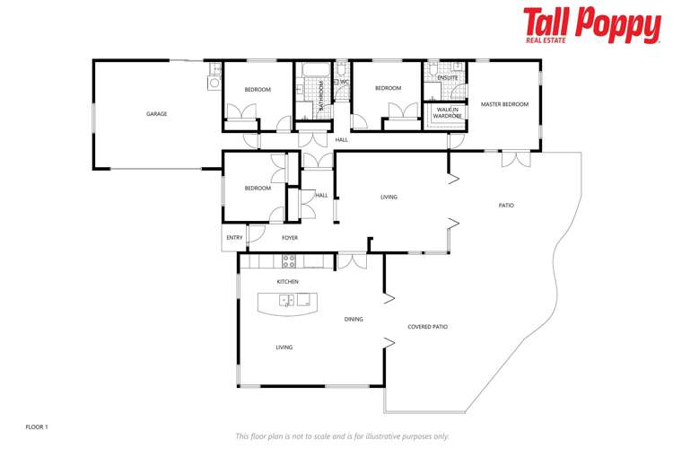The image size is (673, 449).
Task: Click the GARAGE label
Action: (x=157, y=114)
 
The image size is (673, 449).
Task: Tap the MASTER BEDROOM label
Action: (x=504, y=104)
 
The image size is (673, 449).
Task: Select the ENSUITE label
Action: (x=448, y=78)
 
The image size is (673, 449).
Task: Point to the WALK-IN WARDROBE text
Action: (x=446, y=113)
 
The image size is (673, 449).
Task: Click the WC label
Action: (x=344, y=82)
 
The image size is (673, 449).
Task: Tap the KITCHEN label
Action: (x=287, y=282)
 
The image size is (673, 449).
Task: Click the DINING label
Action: (x=354, y=318)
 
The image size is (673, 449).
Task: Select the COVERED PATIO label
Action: (x=427, y=327)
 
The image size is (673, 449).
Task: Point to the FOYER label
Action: (x=290, y=238)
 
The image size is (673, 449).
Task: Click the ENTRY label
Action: (x=234, y=238)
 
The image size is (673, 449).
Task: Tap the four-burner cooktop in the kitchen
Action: (x=290, y=261)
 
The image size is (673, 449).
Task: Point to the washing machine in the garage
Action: (x=214, y=83)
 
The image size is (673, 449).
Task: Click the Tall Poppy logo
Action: (x=591, y=25)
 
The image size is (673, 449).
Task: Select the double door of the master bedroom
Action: (x=515, y=158)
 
